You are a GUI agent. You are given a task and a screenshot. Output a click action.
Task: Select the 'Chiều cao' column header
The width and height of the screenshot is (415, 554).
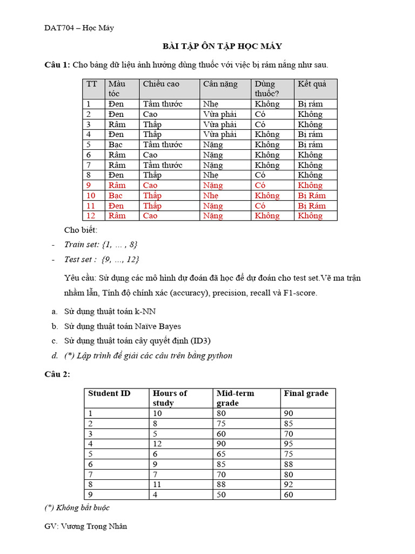pos(161,84)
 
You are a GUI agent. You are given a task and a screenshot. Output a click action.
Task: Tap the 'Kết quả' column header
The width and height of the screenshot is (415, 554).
pos(312,84)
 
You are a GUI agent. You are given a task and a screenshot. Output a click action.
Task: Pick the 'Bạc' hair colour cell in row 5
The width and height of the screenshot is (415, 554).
pos(116,144)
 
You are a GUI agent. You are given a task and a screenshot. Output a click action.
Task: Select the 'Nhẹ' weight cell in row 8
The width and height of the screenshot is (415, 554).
pos(211,175)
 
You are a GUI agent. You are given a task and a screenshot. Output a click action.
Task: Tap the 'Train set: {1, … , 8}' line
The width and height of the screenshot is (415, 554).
pos(97,245)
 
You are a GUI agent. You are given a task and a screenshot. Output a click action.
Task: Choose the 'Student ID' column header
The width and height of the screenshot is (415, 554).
pos(109,393)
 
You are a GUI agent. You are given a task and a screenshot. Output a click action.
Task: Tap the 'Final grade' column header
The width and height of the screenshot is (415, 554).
pos(306,393)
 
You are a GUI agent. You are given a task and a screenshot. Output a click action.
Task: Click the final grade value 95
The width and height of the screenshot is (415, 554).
pos(289,444)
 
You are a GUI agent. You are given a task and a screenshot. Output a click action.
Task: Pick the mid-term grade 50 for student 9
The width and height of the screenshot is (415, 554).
pos(221,494)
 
